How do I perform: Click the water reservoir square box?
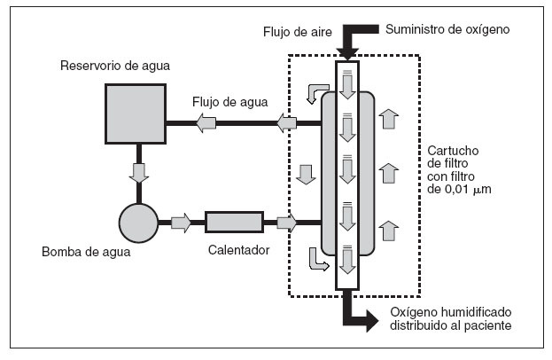pos(135,114)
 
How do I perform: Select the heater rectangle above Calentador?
pos(234,223)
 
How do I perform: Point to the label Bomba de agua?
pos(86,252)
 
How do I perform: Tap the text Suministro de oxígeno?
pos(447,29)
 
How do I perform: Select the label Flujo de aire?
pos(299,32)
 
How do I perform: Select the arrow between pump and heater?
pos(181,223)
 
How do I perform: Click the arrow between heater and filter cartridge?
pos(286,223)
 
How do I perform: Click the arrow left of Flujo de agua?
pos(206,124)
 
